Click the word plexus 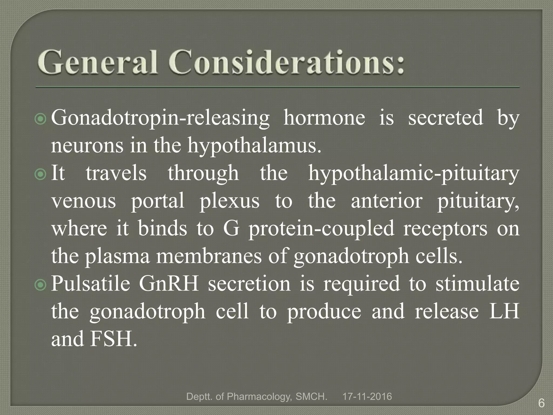230,201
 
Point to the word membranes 209,257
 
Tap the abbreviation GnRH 169,284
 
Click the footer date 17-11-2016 367,397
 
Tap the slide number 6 541,404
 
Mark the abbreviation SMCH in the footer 311,397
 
